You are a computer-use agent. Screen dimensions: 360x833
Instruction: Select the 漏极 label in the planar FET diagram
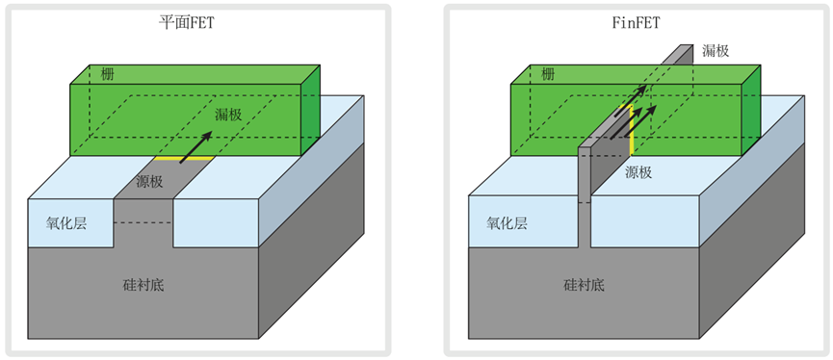click(x=227, y=115)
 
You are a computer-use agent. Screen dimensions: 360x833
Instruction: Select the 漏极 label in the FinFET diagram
click(x=716, y=51)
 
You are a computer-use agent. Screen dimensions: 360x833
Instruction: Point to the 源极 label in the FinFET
click(x=638, y=172)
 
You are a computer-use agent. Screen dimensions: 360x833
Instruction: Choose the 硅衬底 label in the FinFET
click(x=585, y=285)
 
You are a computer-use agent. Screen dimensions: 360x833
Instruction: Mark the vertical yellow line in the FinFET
click(x=631, y=132)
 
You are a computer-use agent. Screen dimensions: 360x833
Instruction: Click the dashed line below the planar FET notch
click(x=143, y=224)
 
